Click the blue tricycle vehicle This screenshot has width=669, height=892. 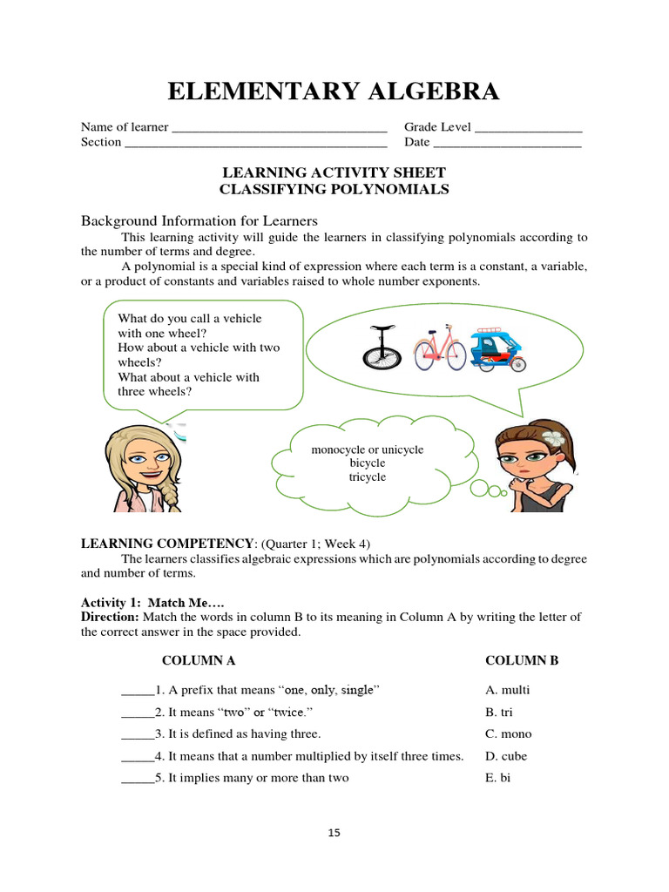[497, 349]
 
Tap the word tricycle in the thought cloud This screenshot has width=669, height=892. [368, 477]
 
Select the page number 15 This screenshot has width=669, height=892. [334, 833]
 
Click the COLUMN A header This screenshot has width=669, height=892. [199, 660]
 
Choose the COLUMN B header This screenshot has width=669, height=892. [522, 660]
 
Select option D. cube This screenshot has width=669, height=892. [506, 756]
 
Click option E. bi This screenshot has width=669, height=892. [497, 777]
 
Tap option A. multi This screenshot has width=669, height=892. [507, 690]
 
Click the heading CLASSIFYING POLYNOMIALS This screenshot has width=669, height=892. [334, 189]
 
